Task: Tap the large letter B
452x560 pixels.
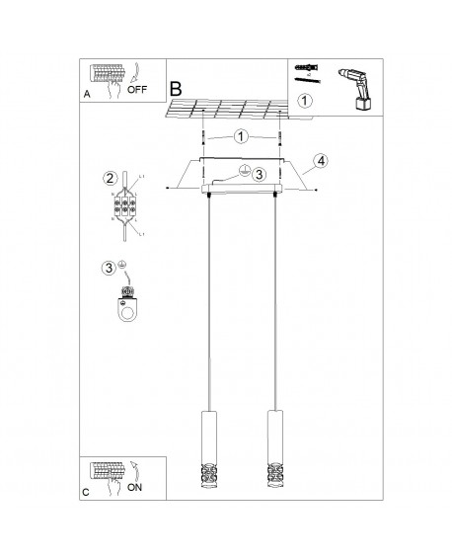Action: [176, 89]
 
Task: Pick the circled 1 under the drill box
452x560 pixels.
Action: [305, 101]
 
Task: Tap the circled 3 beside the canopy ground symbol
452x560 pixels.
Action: [259, 175]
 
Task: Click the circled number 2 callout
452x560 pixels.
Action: [111, 179]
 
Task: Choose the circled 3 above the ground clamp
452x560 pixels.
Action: [109, 266]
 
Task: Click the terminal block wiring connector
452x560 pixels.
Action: [128, 208]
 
